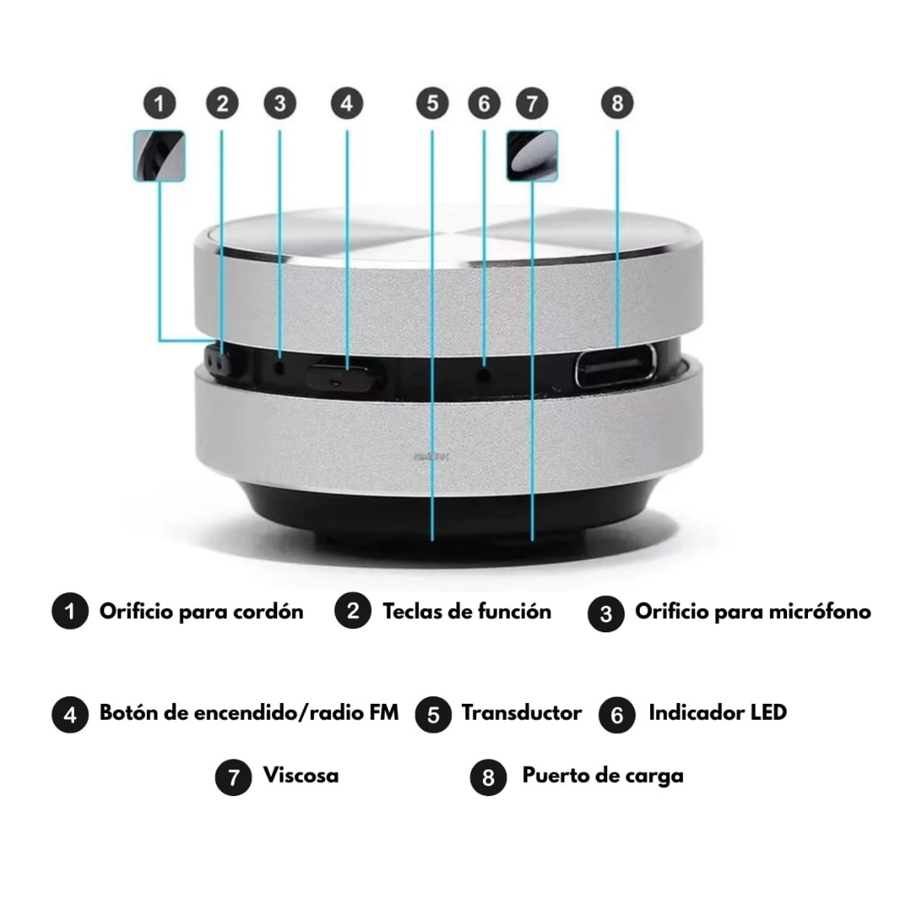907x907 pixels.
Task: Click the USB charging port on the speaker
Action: coord(616,365)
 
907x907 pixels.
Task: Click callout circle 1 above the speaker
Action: coord(160,103)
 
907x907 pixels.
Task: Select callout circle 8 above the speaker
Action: coord(617,103)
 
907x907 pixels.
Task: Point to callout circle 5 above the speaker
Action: coord(433,103)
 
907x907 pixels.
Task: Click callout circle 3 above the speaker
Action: coord(280,103)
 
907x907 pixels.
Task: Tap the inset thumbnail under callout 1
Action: coord(159,155)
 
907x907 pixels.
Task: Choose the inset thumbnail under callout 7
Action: coord(532,155)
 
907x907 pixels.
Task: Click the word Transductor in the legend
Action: coord(522,713)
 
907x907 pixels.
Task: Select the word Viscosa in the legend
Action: coord(301,775)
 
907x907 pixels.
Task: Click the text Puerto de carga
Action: coord(603,776)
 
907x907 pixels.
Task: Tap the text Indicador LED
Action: coord(718,713)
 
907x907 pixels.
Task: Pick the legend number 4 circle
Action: coord(70,715)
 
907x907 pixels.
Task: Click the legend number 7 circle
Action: coord(233,778)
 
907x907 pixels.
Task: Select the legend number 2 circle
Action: coord(353,611)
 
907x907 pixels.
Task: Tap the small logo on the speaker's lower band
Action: coord(432,456)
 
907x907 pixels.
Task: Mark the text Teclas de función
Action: coord(467,611)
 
